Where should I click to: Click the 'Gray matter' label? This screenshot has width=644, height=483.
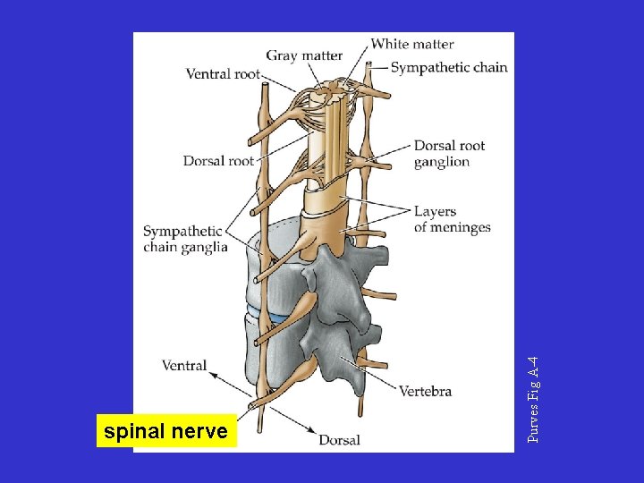pyautogui.click(x=304, y=55)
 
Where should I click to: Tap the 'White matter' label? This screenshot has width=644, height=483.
pyautogui.click(x=412, y=43)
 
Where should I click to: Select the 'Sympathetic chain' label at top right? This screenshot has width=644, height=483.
pyautogui.click(x=449, y=67)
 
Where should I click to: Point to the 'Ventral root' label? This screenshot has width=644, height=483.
pyautogui.click(x=222, y=74)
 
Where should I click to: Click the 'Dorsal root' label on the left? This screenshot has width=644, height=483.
pyautogui.click(x=218, y=161)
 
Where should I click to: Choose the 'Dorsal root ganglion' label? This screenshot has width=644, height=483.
pyautogui.click(x=449, y=154)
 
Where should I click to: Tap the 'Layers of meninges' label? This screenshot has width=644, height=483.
pyautogui.click(x=452, y=219)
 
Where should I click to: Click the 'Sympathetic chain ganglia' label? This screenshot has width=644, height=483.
pyautogui.click(x=185, y=239)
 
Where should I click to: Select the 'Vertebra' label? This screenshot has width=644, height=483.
pyautogui.click(x=425, y=391)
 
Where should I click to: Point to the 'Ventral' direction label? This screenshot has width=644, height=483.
pyautogui.click(x=184, y=365)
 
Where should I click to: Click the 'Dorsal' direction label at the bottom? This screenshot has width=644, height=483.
pyautogui.click(x=340, y=439)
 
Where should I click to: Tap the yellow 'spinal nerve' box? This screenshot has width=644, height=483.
pyautogui.click(x=166, y=432)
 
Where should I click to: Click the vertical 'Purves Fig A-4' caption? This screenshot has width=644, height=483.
pyautogui.click(x=533, y=399)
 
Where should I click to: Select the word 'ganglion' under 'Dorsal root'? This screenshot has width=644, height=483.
pyautogui.click(x=442, y=162)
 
